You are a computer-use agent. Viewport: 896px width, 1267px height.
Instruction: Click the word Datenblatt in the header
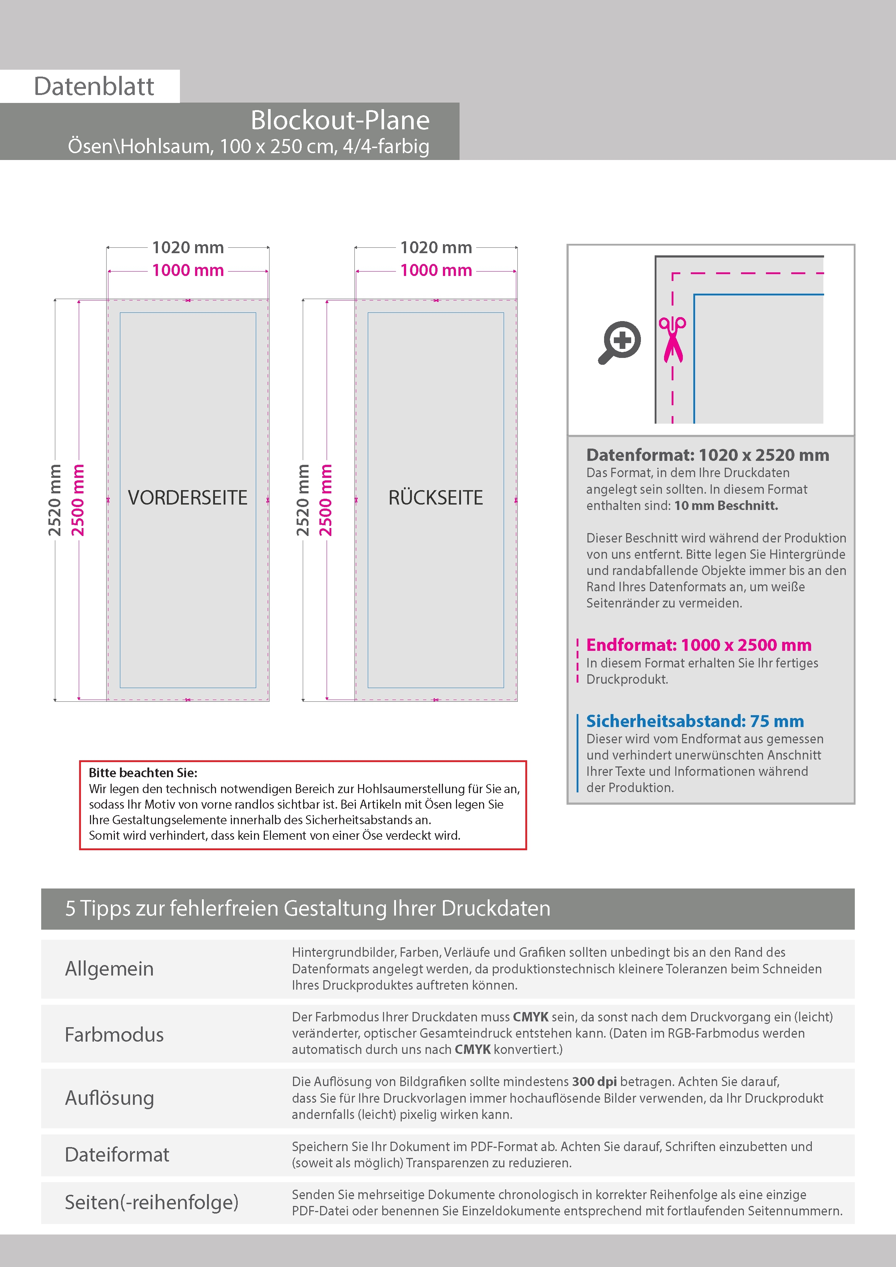94,87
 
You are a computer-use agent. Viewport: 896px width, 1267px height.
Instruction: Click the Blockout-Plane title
340,120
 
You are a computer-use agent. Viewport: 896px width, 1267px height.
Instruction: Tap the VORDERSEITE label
188,498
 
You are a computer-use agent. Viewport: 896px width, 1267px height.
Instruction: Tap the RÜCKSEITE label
436,498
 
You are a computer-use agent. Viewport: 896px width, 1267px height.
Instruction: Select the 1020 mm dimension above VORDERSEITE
188,248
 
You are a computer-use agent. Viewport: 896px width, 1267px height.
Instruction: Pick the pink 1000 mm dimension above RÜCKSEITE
436,271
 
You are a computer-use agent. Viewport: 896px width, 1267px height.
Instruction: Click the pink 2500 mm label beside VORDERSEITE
78,500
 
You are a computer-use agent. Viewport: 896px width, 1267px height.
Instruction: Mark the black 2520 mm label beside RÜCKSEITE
302,500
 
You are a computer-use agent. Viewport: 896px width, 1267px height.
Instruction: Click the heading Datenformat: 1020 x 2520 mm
707,455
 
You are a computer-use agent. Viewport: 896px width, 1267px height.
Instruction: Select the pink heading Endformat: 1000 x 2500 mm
698,645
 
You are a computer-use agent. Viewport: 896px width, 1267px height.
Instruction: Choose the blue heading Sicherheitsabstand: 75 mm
694,721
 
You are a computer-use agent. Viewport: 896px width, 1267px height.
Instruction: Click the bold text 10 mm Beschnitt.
726,506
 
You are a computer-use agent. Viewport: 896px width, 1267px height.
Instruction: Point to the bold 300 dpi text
594,1082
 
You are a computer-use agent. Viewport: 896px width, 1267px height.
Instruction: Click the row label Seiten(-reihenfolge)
151,1202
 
